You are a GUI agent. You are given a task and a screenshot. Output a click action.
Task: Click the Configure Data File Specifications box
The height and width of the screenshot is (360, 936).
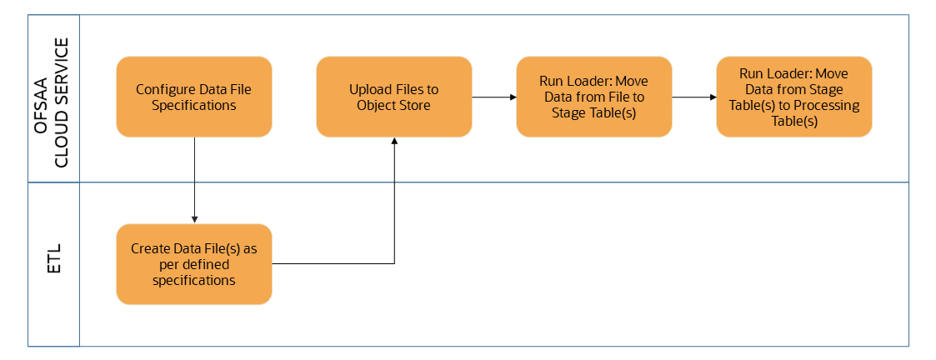click(x=193, y=97)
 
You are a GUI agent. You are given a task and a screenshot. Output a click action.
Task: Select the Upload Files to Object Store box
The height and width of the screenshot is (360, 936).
click(x=393, y=97)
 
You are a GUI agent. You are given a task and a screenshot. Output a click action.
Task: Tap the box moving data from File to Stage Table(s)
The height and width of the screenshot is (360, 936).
click(x=593, y=97)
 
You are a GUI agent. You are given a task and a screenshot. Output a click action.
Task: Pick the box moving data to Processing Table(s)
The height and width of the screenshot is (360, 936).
click(x=793, y=97)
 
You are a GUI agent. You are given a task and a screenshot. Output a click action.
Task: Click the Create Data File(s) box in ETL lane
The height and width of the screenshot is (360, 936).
click(x=193, y=264)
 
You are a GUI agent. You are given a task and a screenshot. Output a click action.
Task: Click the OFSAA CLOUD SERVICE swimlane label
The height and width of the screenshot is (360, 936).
click(x=54, y=97)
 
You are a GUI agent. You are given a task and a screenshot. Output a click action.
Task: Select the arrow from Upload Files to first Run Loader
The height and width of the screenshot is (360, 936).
click(x=493, y=97)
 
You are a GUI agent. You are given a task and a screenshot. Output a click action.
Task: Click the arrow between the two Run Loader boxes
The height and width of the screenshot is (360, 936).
click(x=693, y=97)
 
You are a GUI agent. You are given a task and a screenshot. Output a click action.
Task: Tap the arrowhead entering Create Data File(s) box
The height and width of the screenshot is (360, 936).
click(x=194, y=219)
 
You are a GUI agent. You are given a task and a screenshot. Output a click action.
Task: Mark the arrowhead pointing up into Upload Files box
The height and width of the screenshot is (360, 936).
click(x=394, y=142)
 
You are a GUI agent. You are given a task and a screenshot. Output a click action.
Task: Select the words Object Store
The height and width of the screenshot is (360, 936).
click(x=393, y=105)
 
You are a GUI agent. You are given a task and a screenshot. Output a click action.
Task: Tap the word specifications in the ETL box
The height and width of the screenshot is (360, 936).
click(x=193, y=281)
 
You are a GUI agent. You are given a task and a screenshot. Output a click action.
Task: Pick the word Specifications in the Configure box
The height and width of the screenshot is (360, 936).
click(x=193, y=105)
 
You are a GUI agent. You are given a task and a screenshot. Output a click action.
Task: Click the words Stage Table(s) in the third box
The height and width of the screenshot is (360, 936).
click(x=593, y=113)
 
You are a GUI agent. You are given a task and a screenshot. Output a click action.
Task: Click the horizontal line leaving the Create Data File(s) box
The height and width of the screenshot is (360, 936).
click(x=333, y=264)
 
